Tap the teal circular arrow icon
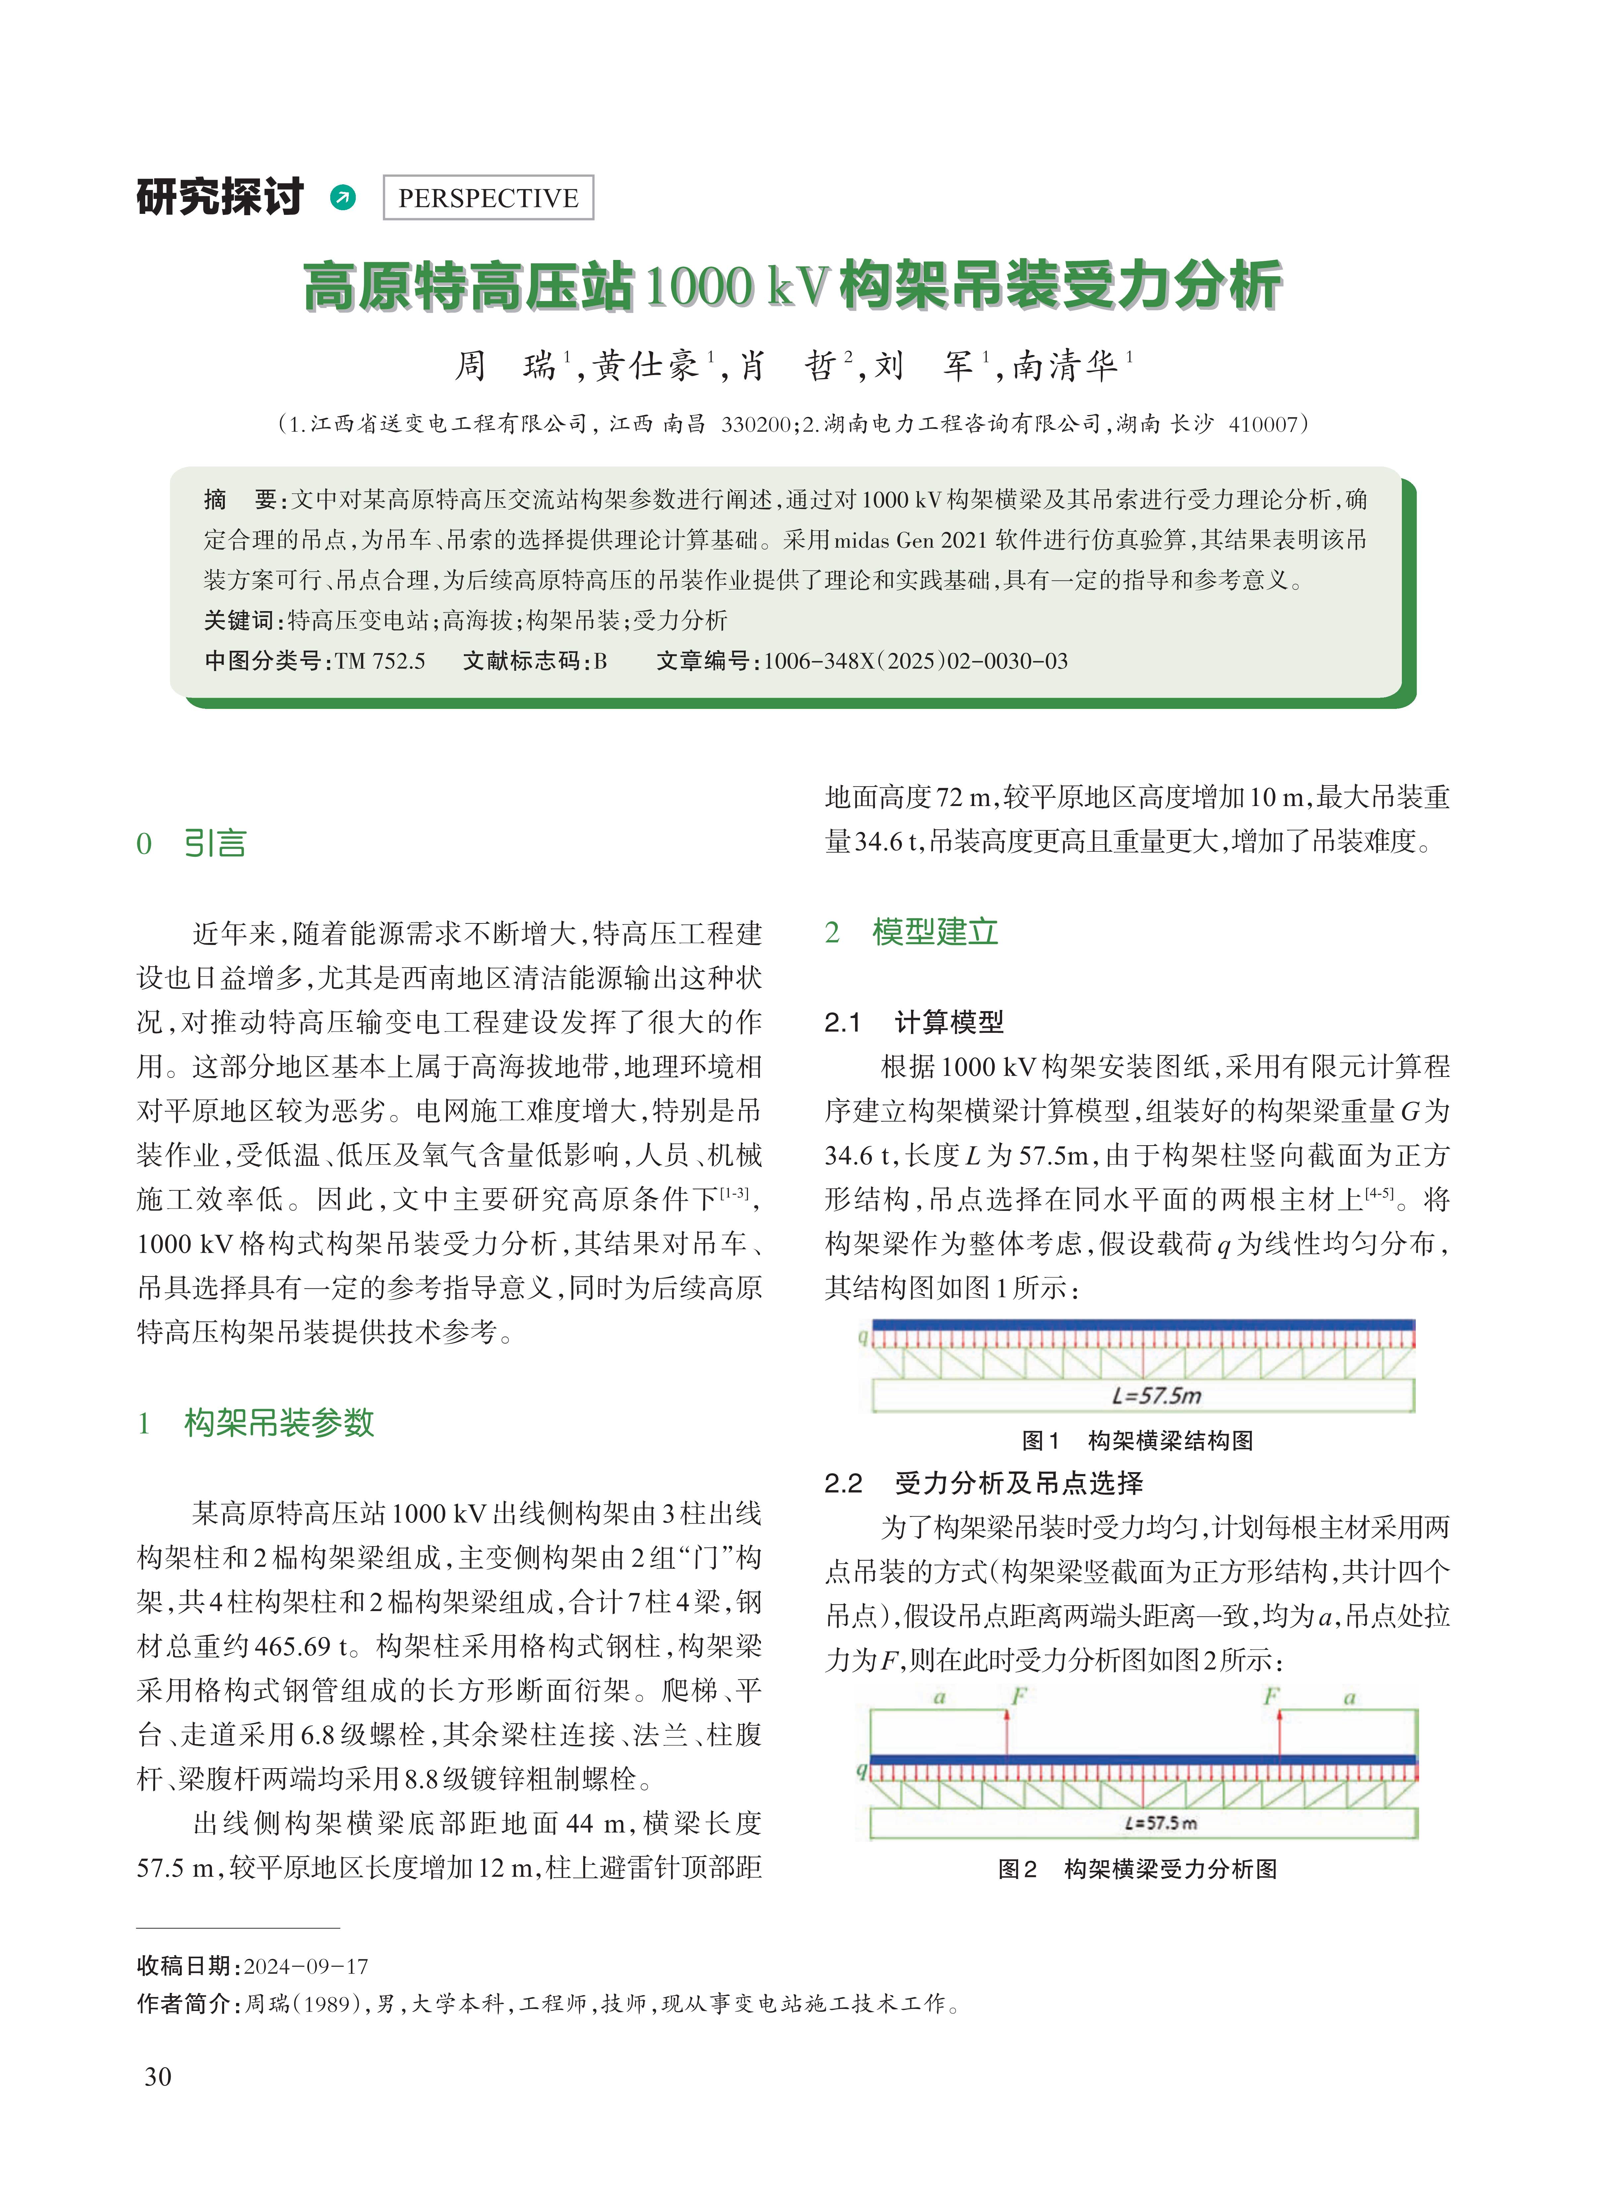(342, 198)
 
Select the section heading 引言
(214, 844)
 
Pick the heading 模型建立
(934, 932)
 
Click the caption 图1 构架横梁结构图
(1137, 1441)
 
